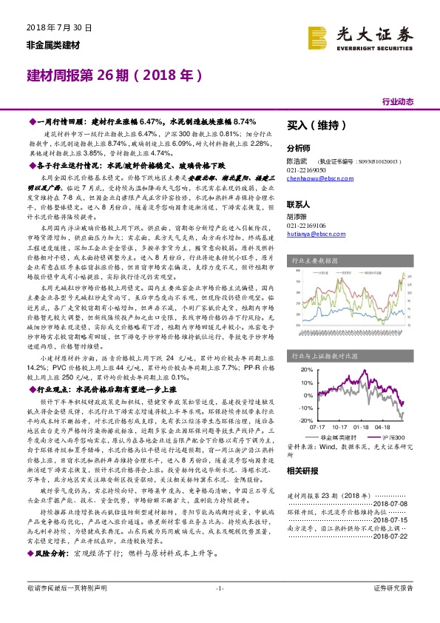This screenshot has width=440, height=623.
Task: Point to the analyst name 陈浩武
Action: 298,160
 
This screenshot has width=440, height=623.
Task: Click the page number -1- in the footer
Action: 220,609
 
